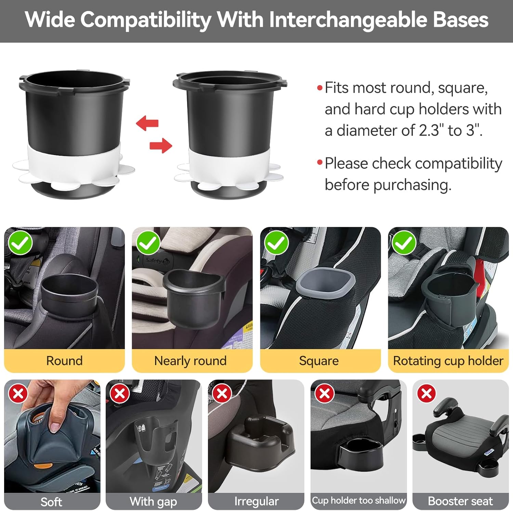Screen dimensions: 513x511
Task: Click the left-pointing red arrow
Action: click(147, 123)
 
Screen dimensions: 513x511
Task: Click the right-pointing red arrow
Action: click(161, 145)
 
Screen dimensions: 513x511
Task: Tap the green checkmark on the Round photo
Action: click(21, 243)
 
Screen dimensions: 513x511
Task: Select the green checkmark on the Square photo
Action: click(277, 243)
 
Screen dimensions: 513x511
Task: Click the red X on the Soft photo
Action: click(18, 394)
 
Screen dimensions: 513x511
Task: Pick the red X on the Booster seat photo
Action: click(426, 394)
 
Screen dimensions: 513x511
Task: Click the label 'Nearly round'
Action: click(190, 361)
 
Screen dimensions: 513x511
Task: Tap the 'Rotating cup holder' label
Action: click(448, 361)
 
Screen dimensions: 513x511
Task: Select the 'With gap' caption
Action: click(153, 502)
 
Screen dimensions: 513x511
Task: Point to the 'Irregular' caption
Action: click(256, 501)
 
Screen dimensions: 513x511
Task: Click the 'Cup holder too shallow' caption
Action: click(359, 500)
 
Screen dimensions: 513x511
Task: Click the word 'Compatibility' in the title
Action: click(146, 20)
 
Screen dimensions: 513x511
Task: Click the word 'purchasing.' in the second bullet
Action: click(412, 185)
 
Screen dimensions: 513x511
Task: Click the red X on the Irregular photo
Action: click(222, 394)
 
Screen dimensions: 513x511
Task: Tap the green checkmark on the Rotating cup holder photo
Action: click(404, 243)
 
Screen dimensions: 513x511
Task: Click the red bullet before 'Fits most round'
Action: click(320, 88)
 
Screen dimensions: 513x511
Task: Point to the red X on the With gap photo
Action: click(120, 394)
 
